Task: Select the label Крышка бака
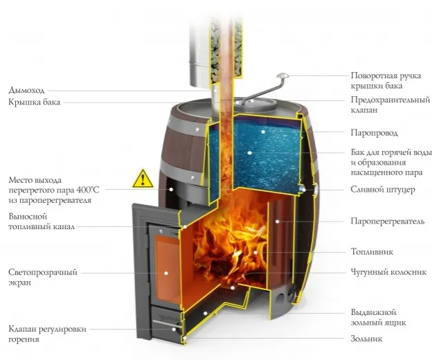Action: [x=35, y=102]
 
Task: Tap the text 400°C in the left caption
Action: [x=95, y=189]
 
